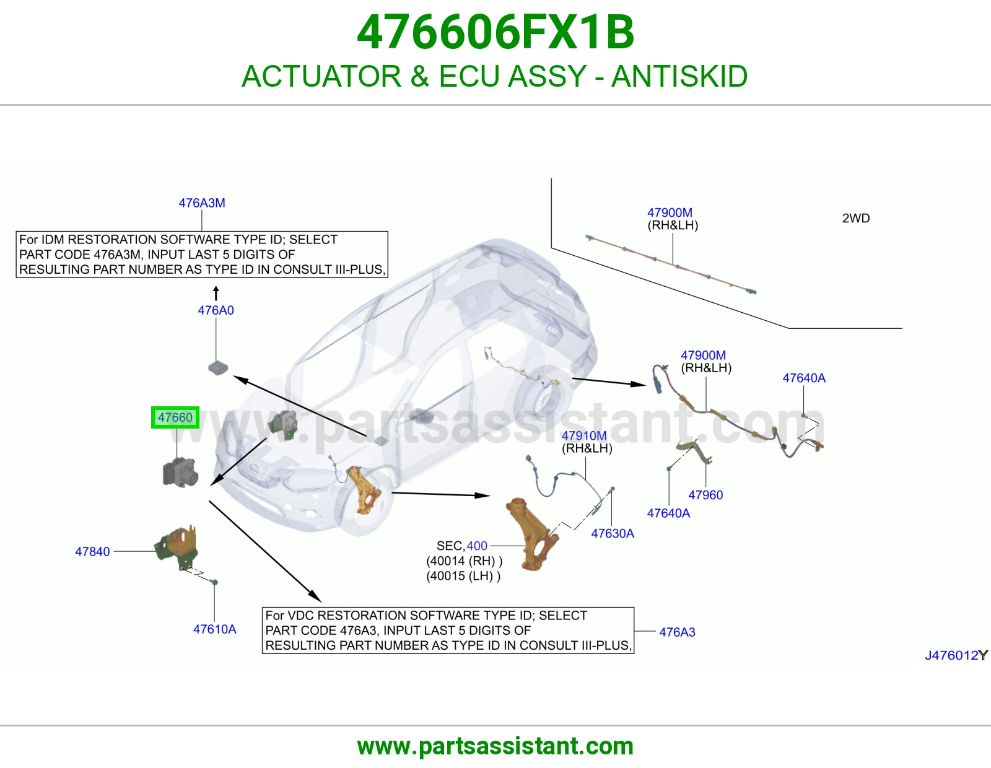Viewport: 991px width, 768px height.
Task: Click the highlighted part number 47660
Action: pyautogui.click(x=175, y=417)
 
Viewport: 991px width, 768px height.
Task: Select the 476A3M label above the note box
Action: pyautogui.click(x=201, y=203)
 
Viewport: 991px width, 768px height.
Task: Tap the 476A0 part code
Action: pyautogui.click(x=216, y=310)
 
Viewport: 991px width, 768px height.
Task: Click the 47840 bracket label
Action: pyautogui.click(x=92, y=551)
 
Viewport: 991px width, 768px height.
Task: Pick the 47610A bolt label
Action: pyautogui.click(x=215, y=629)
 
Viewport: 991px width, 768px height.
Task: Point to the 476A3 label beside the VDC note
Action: pyautogui.click(x=677, y=632)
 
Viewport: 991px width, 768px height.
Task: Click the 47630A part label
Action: pyautogui.click(x=613, y=533)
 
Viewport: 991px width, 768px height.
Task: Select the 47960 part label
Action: pyautogui.click(x=705, y=495)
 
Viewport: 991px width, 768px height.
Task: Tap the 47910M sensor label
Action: pyautogui.click(x=583, y=435)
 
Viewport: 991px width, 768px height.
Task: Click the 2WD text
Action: pyautogui.click(x=856, y=218)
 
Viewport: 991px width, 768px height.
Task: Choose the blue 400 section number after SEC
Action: pyautogui.click(x=477, y=546)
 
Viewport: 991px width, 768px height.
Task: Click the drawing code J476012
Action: pyautogui.click(x=952, y=655)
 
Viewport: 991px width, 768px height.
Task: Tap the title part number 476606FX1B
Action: pyautogui.click(x=495, y=32)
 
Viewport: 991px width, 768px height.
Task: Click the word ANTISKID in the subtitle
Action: pyautogui.click(x=679, y=76)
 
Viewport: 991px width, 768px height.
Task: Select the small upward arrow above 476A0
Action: pyautogui.click(x=216, y=293)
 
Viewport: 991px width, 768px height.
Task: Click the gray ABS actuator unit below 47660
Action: pyautogui.click(x=180, y=473)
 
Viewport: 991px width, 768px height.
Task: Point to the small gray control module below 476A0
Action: pyautogui.click(x=218, y=367)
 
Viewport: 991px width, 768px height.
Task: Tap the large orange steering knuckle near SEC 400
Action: pyautogui.click(x=532, y=534)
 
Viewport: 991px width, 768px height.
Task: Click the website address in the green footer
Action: pyautogui.click(x=495, y=746)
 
